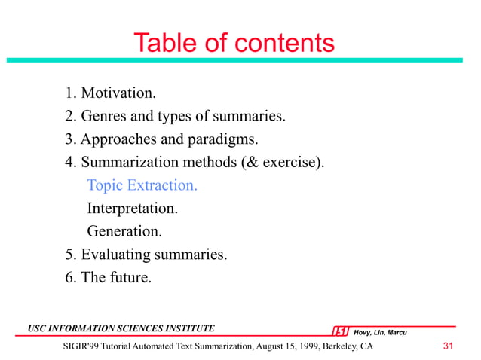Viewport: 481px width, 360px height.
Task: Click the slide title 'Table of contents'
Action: (234, 43)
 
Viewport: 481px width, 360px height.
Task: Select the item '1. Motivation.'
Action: (110, 94)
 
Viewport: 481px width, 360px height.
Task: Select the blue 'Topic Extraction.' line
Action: (142, 185)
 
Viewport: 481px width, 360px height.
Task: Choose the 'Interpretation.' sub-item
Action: (133, 208)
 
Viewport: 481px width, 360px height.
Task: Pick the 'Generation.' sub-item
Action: (124, 231)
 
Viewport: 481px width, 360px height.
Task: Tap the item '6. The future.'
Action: (108, 277)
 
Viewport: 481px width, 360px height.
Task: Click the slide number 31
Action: (449, 346)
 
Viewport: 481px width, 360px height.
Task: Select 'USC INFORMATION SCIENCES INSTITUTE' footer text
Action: (121, 328)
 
